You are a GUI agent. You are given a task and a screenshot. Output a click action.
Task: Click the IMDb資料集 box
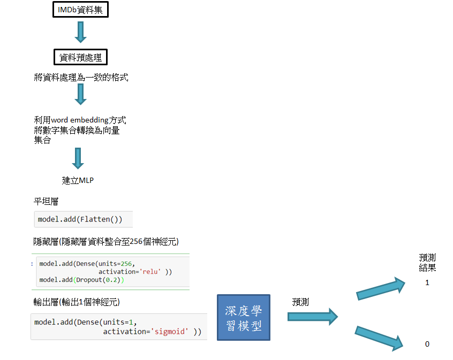tap(80, 10)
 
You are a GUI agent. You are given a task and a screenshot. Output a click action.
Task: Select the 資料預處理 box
tap(80, 57)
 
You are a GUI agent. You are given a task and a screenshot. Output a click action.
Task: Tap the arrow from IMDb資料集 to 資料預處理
tap(80, 32)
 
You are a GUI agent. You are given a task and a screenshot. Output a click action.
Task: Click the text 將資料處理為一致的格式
tap(81, 78)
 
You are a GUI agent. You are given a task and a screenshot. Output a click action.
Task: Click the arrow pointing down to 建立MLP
tap(78, 159)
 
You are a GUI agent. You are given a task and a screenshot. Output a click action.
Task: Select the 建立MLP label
tap(78, 180)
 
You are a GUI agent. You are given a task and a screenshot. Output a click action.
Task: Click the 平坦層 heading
tap(47, 202)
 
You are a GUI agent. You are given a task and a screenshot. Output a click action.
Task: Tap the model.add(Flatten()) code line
tap(80, 219)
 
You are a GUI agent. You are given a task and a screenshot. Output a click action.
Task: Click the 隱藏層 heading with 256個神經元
tap(105, 242)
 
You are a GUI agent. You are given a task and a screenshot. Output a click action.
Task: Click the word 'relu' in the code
tap(151, 272)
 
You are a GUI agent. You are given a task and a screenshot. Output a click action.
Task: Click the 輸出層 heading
tap(76, 302)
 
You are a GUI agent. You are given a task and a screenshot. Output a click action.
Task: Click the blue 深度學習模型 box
tap(244, 317)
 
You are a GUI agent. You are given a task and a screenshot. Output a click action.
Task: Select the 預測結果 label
tap(427, 263)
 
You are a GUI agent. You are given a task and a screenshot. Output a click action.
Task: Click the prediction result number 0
tap(427, 344)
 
